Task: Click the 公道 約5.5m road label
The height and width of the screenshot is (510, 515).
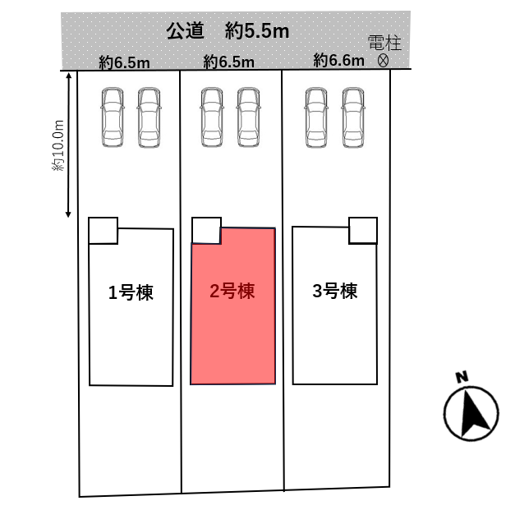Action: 228,32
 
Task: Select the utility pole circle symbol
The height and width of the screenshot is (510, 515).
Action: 383,61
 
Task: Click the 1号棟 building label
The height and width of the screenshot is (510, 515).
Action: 131,292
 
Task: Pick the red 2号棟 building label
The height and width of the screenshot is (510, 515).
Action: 232,291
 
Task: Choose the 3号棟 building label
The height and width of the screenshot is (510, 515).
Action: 335,291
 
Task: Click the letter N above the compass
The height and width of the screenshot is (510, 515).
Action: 462,378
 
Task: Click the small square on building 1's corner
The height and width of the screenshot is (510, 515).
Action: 103,230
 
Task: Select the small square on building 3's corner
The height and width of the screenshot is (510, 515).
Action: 363,230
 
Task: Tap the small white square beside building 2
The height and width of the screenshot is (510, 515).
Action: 206,230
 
